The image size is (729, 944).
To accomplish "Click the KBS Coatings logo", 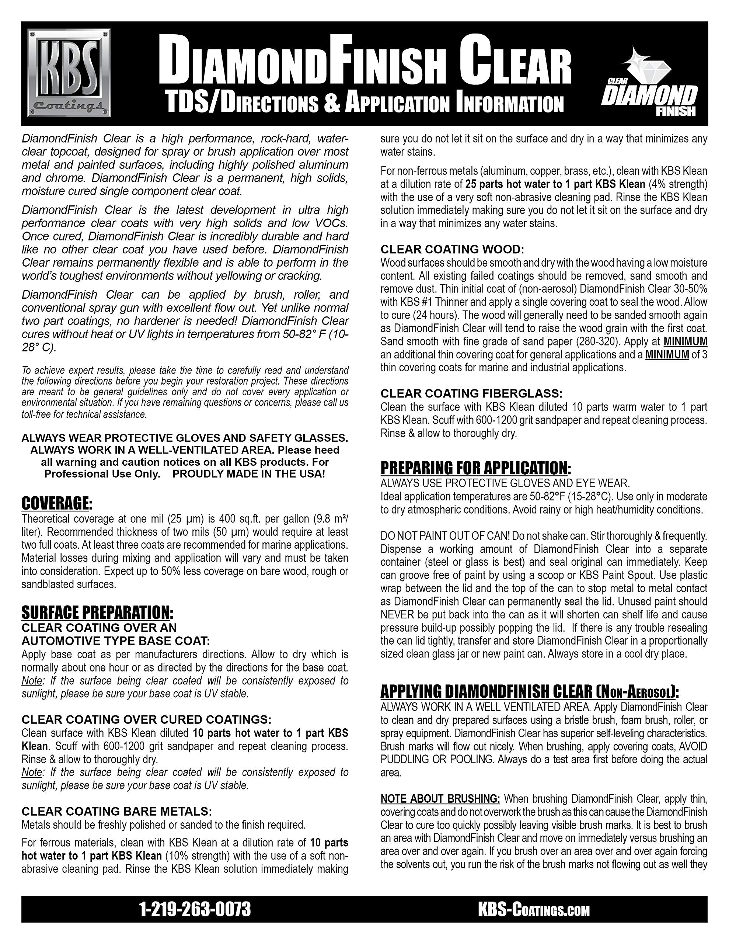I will click(69, 73).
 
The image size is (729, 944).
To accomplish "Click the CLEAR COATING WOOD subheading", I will click(452, 249).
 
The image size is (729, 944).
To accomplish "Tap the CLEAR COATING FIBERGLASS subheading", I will click(471, 393).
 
